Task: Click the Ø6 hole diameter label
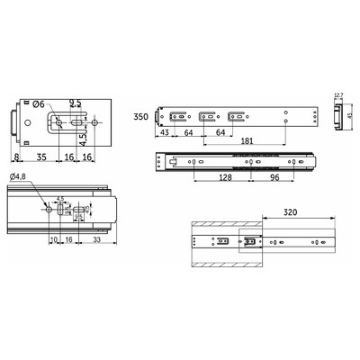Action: (40, 104)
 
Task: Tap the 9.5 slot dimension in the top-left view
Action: (76, 104)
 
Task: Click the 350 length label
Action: (140, 117)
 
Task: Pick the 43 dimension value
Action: (165, 134)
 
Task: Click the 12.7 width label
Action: (337, 94)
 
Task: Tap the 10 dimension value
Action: (54, 241)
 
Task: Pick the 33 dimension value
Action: (96, 241)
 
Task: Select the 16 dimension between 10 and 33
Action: (68, 241)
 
